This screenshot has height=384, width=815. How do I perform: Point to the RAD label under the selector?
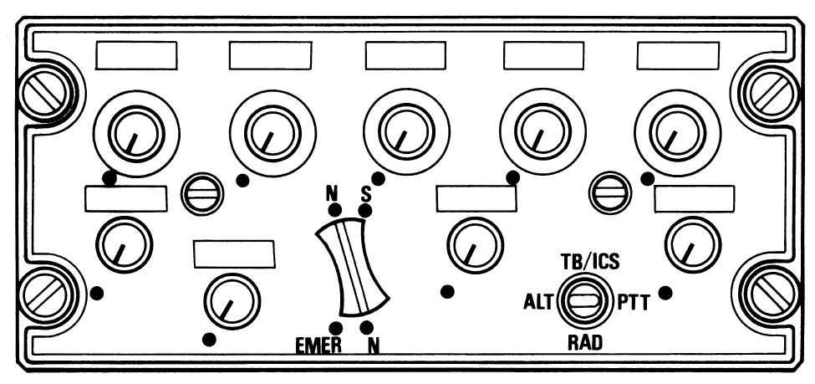pyautogui.click(x=584, y=341)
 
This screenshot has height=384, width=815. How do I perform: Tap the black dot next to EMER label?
pyautogui.click(x=335, y=326)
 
